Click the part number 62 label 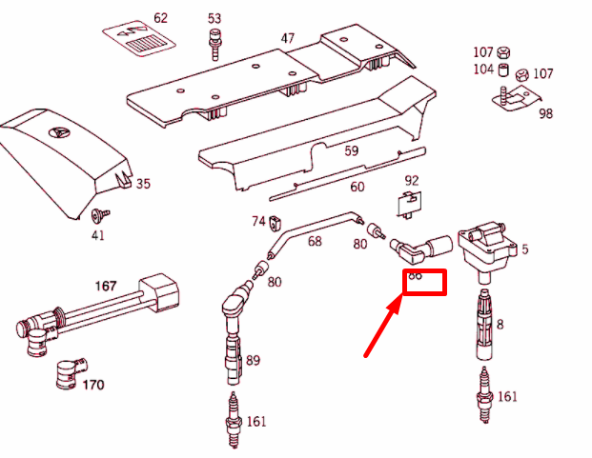pyautogui.click(x=160, y=18)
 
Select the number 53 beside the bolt pyautogui.click(x=214, y=18)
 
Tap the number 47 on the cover pyautogui.click(x=287, y=38)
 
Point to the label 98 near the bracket pyautogui.click(x=545, y=113)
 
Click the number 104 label pyautogui.click(x=483, y=70)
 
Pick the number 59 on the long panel pyautogui.click(x=351, y=150)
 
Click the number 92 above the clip pyautogui.click(x=412, y=180)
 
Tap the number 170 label pyautogui.click(x=92, y=385)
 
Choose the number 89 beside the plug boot pyautogui.click(x=253, y=361)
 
